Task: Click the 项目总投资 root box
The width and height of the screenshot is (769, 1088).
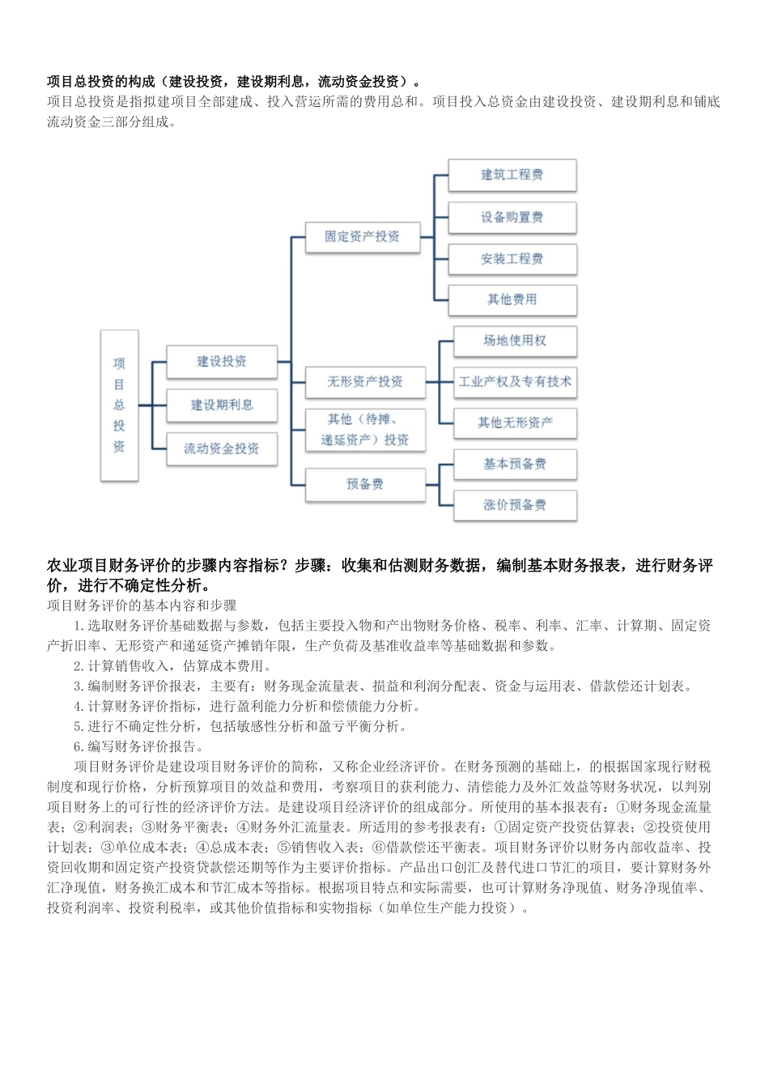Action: (x=119, y=405)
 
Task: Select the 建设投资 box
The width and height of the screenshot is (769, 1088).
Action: (x=222, y=362)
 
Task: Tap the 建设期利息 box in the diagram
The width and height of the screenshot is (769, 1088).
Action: (x=222, y=405)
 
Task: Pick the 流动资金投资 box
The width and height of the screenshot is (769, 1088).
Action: (x=222, y=448)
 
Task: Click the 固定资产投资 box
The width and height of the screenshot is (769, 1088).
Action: (x=362, y=236)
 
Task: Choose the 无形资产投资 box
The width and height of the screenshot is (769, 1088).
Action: (x=365, y=381)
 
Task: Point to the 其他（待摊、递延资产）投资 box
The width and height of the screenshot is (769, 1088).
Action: (x=365, y=429)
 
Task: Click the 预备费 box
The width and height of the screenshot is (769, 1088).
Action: (x=365, y=484)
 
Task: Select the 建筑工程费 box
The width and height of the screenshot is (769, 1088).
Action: (x=512, y=175)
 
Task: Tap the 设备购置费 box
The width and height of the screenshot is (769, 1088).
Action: (x=512, y=217)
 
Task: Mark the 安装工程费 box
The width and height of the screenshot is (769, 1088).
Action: (x=512, y=259)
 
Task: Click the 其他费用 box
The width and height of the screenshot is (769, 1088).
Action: (x=512, y=300)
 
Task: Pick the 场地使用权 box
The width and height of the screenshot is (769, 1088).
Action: (x=515, y=341)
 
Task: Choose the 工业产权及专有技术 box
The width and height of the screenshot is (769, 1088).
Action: (x=515, y=381)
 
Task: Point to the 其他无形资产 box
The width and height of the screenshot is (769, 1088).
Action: (x=515, y=423)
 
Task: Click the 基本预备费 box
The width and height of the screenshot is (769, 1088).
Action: (x=515, y=464)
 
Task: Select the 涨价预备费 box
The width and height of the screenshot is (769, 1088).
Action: (x=515, y=505)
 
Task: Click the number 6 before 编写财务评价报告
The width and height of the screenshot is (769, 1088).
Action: (x=78, y=747)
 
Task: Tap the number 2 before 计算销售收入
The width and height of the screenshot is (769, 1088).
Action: (x=78, y=666)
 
